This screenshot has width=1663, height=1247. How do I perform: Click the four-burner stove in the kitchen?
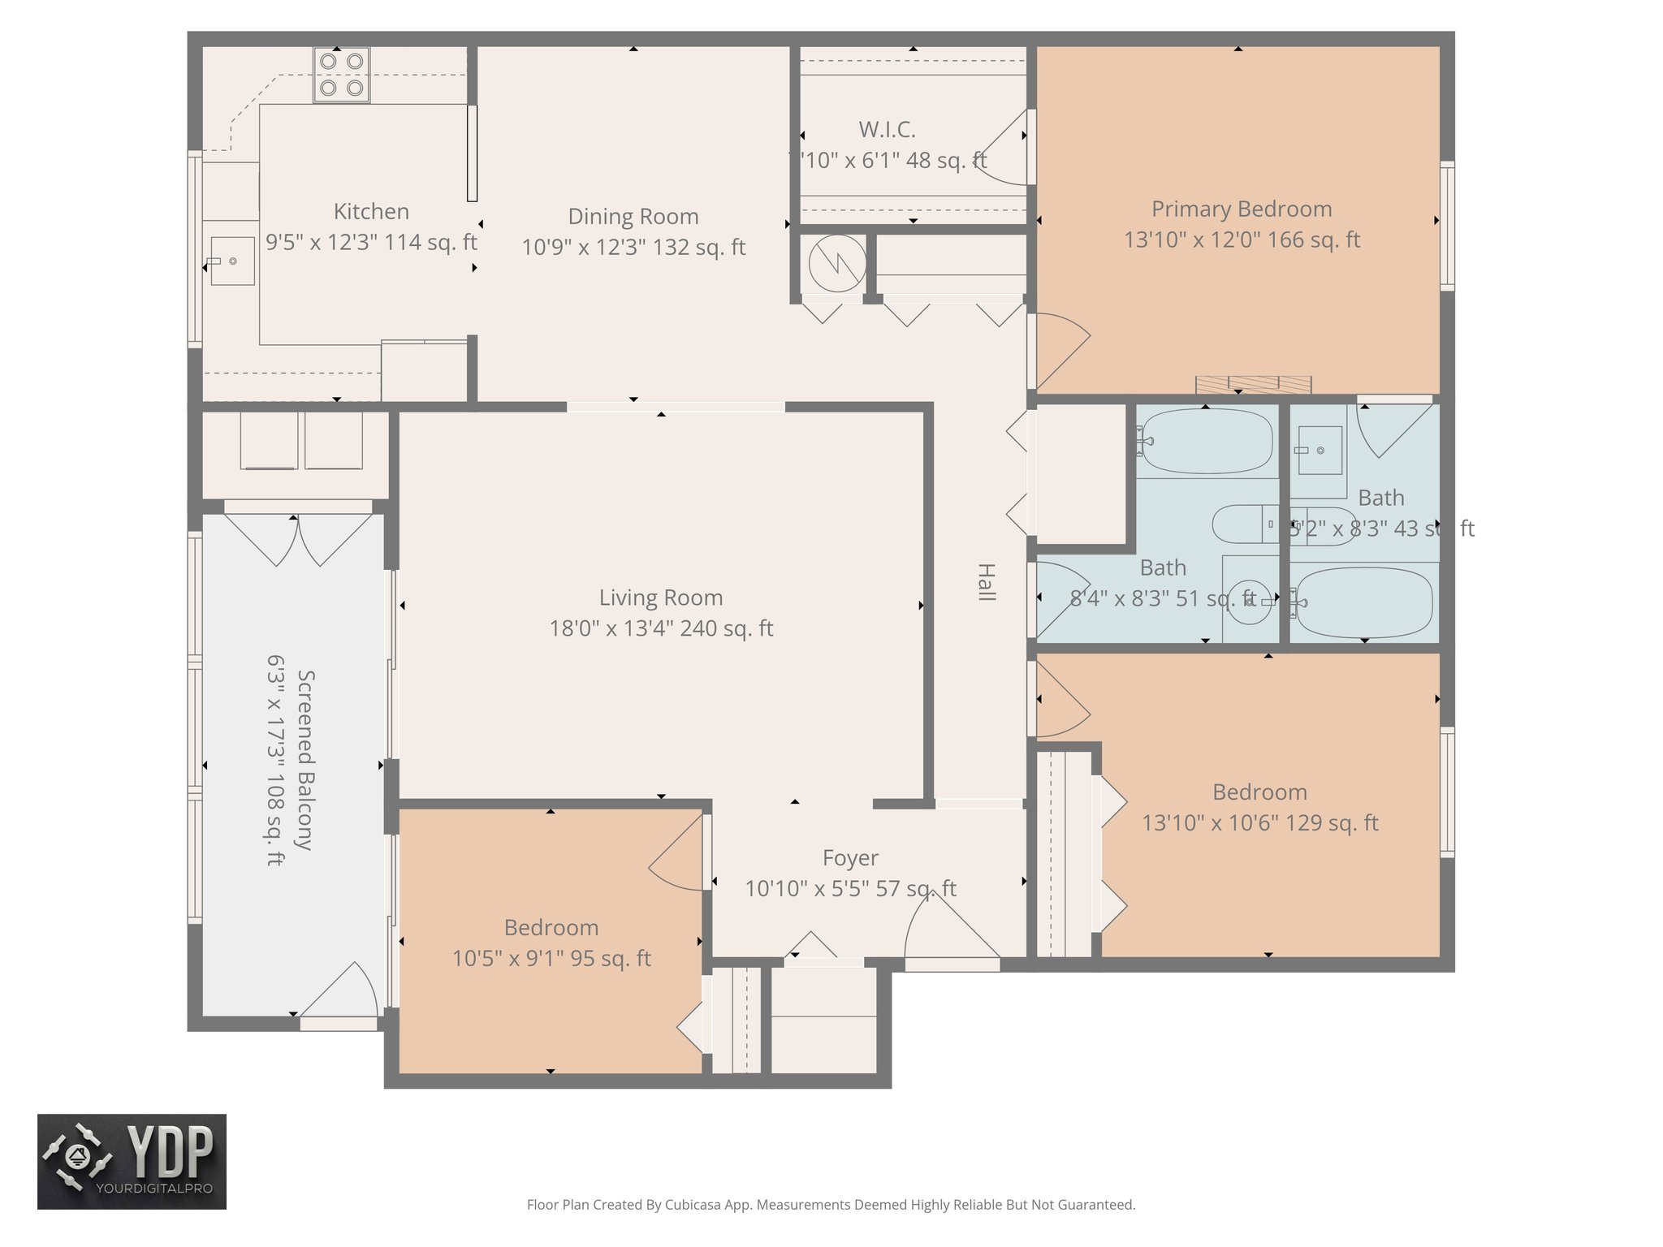(342, 74)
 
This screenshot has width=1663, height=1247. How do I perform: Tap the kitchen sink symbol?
(232, 261)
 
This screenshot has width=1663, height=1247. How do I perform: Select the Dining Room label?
(633, 217)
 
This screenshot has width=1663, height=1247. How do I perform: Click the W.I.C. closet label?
(887, 130)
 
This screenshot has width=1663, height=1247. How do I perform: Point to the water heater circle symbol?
(837, 264)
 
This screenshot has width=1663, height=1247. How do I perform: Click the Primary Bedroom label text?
(1241, 209)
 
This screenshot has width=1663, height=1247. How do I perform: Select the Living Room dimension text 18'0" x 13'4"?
(661, 628)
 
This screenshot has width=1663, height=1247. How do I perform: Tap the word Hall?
(986, 582)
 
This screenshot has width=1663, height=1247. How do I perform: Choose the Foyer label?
(850, 858)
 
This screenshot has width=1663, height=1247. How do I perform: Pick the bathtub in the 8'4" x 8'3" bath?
(1205, 441)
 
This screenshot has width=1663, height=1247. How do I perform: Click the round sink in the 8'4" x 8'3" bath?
(1249, 602)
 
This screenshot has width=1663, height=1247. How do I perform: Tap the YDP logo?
(132, 1161)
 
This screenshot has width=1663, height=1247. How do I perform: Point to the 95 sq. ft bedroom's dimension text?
(551, 959)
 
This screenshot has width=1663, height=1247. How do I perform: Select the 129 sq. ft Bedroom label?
(1259, 792)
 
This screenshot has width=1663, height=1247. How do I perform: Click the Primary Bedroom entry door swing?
(1060, 349)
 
